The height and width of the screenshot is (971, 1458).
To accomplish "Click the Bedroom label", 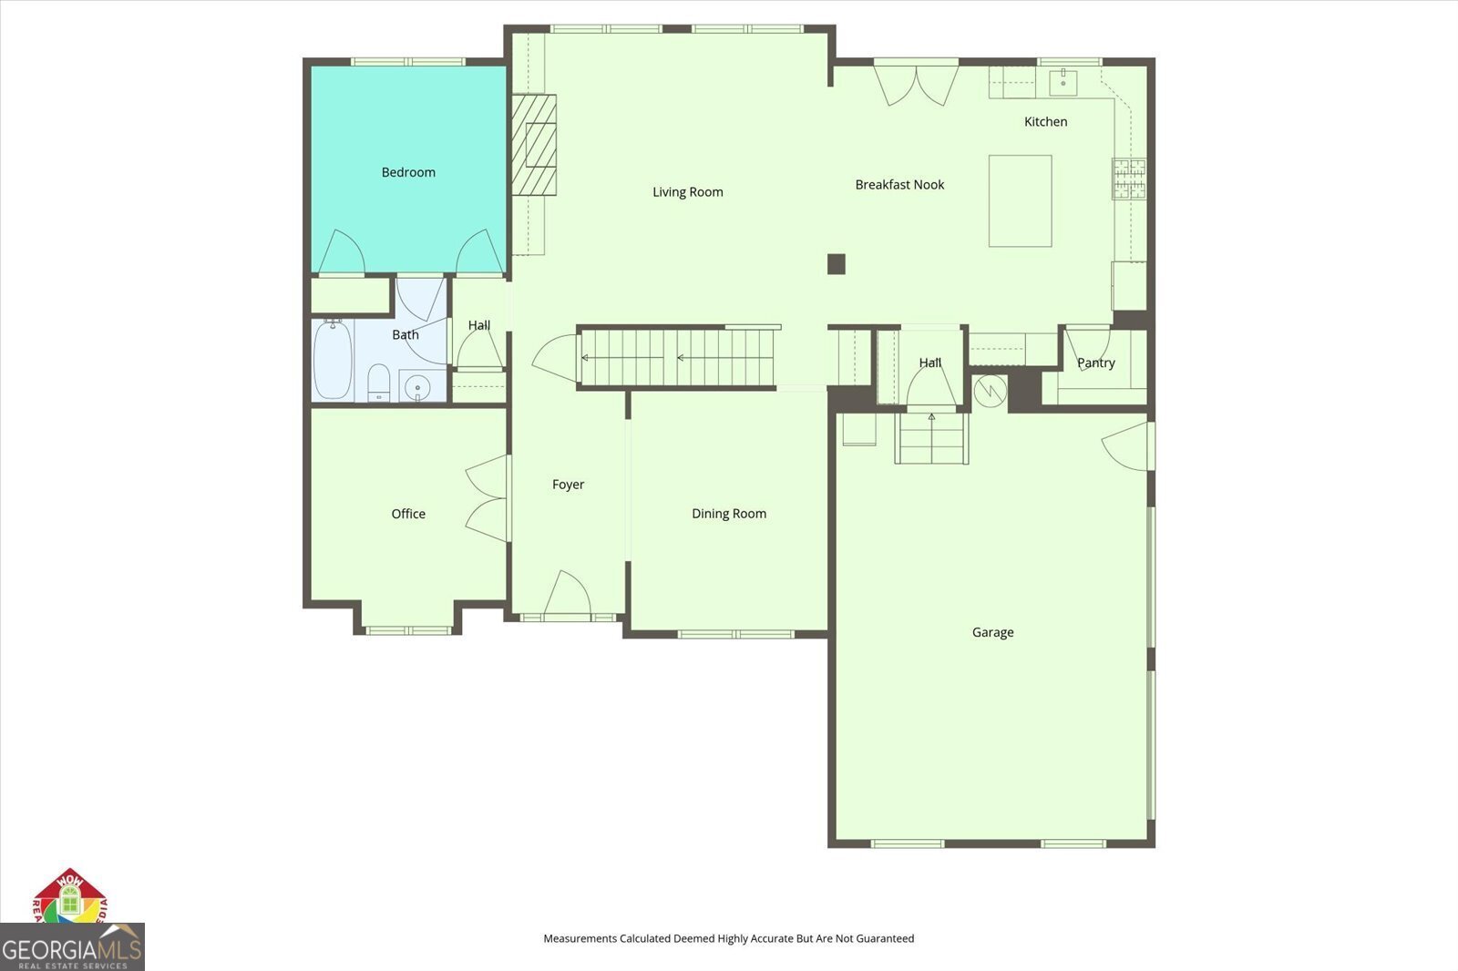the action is coord(408,172).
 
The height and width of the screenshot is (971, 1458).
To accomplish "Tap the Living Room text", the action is coord(688,192).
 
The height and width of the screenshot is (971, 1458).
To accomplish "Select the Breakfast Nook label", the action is coord(899,185).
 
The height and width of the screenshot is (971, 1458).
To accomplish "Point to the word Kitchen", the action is coord(1045,122).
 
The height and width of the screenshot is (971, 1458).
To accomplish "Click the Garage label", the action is coord(992,632).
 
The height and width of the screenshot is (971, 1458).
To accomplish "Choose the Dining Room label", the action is coord(729,514).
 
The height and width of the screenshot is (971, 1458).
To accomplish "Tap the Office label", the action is coord(408,514).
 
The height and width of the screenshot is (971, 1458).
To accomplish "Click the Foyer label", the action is coord(569,485).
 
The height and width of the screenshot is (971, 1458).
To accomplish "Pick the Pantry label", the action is coord(1096,363).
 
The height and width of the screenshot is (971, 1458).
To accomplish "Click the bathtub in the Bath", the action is coord(334,359).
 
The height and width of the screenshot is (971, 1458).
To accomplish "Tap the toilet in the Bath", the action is coord(379,383).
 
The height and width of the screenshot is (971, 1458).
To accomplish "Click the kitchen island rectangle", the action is coord(1020,201).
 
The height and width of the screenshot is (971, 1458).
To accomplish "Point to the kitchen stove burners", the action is coord(1129,179).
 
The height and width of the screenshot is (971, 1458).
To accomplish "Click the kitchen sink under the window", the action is coord(1063,83).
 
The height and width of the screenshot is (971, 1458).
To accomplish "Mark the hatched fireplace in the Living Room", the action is coord(534,145).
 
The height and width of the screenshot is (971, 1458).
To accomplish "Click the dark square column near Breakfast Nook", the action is coord(837,264).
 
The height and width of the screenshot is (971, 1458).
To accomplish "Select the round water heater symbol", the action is coord(990,391).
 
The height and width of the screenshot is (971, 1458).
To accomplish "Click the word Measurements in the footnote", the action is coord(580,938).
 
